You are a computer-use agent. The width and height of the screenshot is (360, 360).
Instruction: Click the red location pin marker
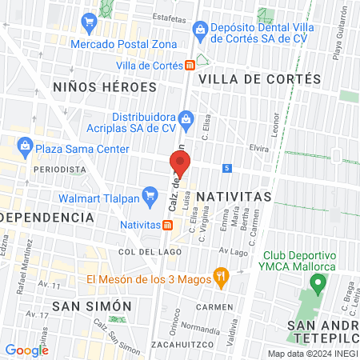(179, 164)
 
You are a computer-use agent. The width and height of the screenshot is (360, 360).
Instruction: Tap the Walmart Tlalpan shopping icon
(149, 194)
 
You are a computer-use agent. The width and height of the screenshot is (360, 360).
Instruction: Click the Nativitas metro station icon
(166, 225)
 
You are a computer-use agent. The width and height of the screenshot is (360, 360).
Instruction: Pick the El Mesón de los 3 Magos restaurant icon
(222, 279)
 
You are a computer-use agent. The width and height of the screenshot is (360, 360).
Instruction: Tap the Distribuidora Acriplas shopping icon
(186, 121)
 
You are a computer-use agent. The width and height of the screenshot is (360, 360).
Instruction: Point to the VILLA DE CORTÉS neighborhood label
(259, 79)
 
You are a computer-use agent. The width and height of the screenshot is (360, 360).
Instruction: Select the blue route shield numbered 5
(228, 168)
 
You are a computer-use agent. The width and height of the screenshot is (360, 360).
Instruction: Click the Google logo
(27, 350)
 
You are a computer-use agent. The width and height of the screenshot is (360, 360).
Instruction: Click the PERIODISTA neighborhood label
(59, 170)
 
